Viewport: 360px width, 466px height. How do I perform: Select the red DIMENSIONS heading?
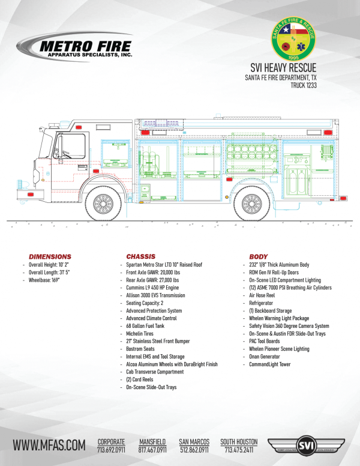(x=50, y=256)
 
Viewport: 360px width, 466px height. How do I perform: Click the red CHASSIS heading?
(x=141, y=256)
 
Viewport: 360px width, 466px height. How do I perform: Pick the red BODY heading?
(x=258, y=256)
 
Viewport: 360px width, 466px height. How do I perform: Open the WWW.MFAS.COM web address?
(x=49, y=445)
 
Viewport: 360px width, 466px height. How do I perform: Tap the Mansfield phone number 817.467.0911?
(x=152, y=449)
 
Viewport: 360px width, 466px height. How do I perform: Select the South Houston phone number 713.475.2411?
(x=239, y=449)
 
